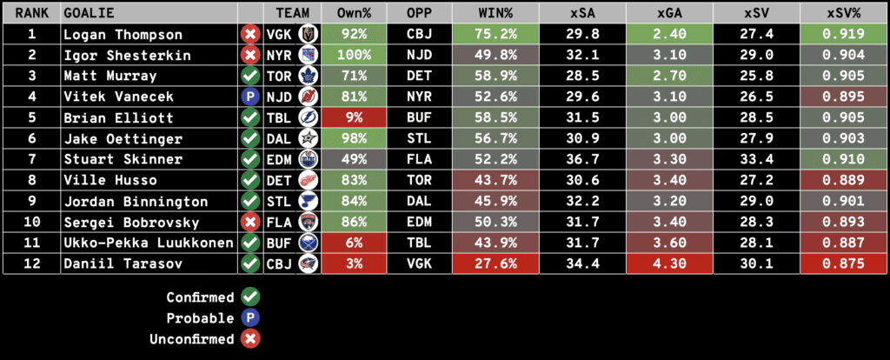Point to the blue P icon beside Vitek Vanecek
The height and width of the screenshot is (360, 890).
pos(250,97)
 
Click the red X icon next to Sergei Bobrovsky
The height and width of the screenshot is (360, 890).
pos(250,223)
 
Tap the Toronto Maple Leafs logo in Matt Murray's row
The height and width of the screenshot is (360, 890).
pos(309,77)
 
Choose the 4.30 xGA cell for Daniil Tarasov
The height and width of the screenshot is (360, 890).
pos(668,264)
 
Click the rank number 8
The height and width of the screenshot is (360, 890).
pos(32,181)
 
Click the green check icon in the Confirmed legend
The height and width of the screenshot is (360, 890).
pos(250,297)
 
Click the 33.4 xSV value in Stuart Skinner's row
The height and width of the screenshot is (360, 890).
pos(754,160)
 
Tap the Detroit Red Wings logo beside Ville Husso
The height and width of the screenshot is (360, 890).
pos(309,181)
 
